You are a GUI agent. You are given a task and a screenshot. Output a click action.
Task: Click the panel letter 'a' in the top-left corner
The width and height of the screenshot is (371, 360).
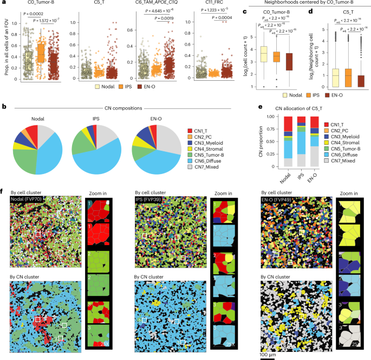4,3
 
